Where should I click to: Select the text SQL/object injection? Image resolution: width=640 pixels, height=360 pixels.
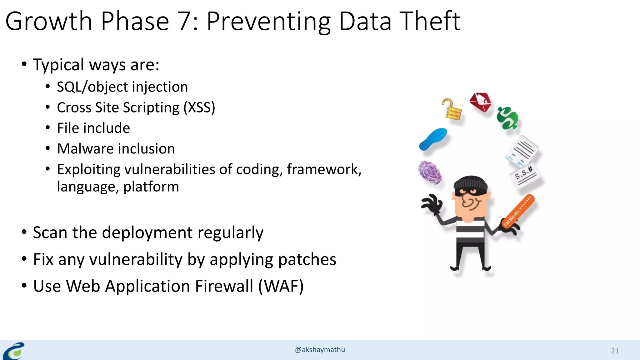tap(122, 87)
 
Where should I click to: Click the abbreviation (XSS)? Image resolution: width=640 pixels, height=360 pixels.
tap(199, 107)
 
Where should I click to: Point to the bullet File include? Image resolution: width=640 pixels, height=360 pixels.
tap(93, 128)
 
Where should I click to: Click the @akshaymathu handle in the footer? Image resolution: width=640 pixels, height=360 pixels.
tap(320, 350)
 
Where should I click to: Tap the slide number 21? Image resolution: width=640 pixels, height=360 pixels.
tap(615, 351)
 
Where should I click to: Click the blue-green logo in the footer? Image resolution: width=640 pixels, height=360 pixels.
tap(14, 351)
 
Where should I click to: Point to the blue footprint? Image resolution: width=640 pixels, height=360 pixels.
tap(433, 139)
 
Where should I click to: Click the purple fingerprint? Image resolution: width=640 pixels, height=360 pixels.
tap(430, 172)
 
